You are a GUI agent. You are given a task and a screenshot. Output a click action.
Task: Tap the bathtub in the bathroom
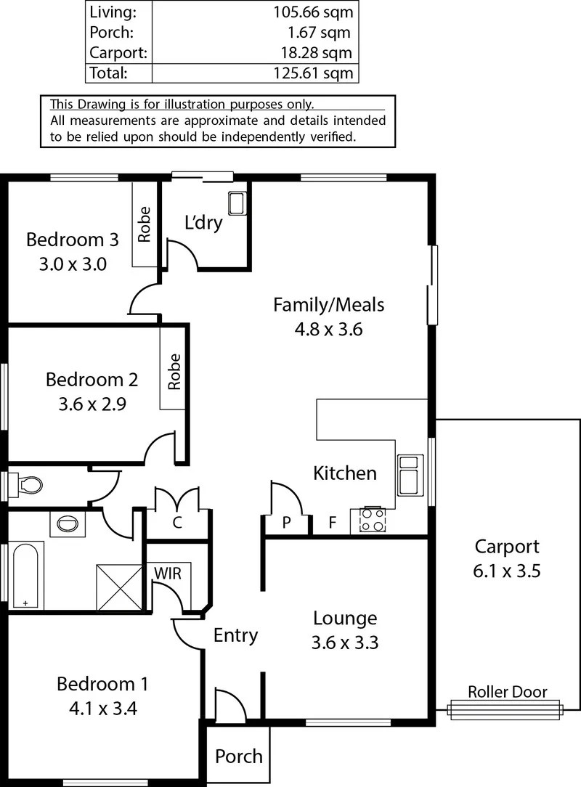click(27, 575)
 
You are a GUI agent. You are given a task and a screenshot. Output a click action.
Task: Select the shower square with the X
click(119, 587)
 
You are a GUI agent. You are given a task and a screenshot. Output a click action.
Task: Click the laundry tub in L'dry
click(237, 203)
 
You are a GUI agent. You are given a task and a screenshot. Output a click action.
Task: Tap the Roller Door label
click(507, 692)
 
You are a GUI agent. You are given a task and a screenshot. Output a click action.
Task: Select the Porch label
click(239, 756)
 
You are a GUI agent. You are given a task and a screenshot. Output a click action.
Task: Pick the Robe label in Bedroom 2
click(174, 371)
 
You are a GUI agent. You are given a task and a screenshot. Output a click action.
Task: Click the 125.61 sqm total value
click(315, 73)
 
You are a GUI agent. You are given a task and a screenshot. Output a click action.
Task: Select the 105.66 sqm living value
click(315, 12)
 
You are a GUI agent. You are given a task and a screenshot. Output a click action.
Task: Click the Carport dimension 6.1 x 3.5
click(507, 571)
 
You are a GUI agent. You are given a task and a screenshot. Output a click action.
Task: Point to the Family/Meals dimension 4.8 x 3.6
click(328, 329)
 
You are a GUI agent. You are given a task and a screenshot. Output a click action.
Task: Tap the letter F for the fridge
click(332, 521)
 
